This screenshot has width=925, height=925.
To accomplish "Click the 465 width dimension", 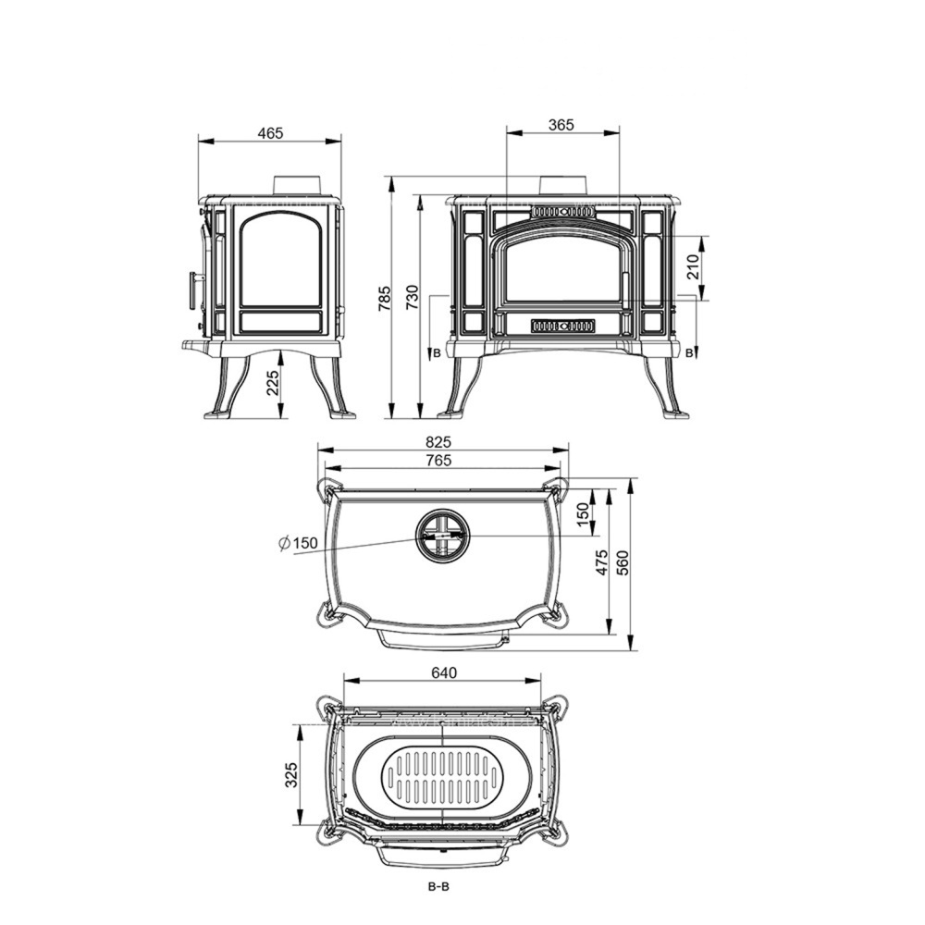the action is [x=270, y=133].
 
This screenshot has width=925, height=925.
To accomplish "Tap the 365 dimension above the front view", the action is [x=561, y=125].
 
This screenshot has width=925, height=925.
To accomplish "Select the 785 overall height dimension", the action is [x=385, y=299].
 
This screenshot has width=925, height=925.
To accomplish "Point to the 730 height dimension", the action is [x=413, y=299].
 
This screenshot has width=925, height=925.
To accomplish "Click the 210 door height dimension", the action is [x=693, y=267].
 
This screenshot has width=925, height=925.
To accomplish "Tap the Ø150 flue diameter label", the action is [x=298, y=543].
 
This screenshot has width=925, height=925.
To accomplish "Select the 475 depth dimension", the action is [x=601, y=563].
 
